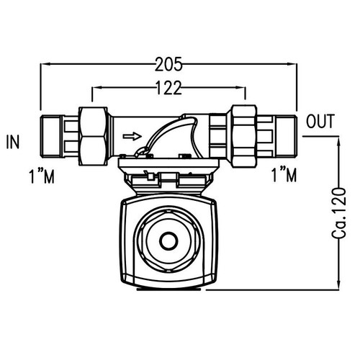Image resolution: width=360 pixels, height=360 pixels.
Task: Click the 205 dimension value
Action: click(x=169, y=64)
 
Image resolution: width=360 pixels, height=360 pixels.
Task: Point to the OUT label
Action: click(x=320, y=122)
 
